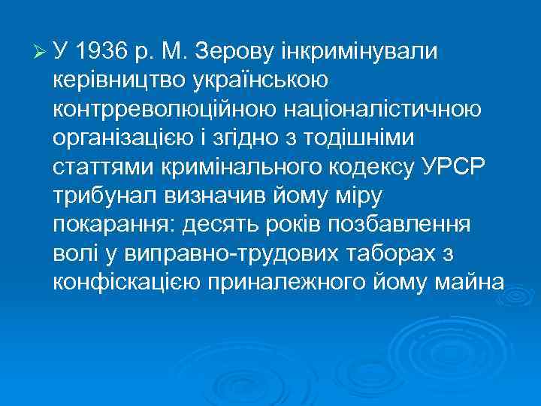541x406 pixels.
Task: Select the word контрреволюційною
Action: click(x=166, y=109)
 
